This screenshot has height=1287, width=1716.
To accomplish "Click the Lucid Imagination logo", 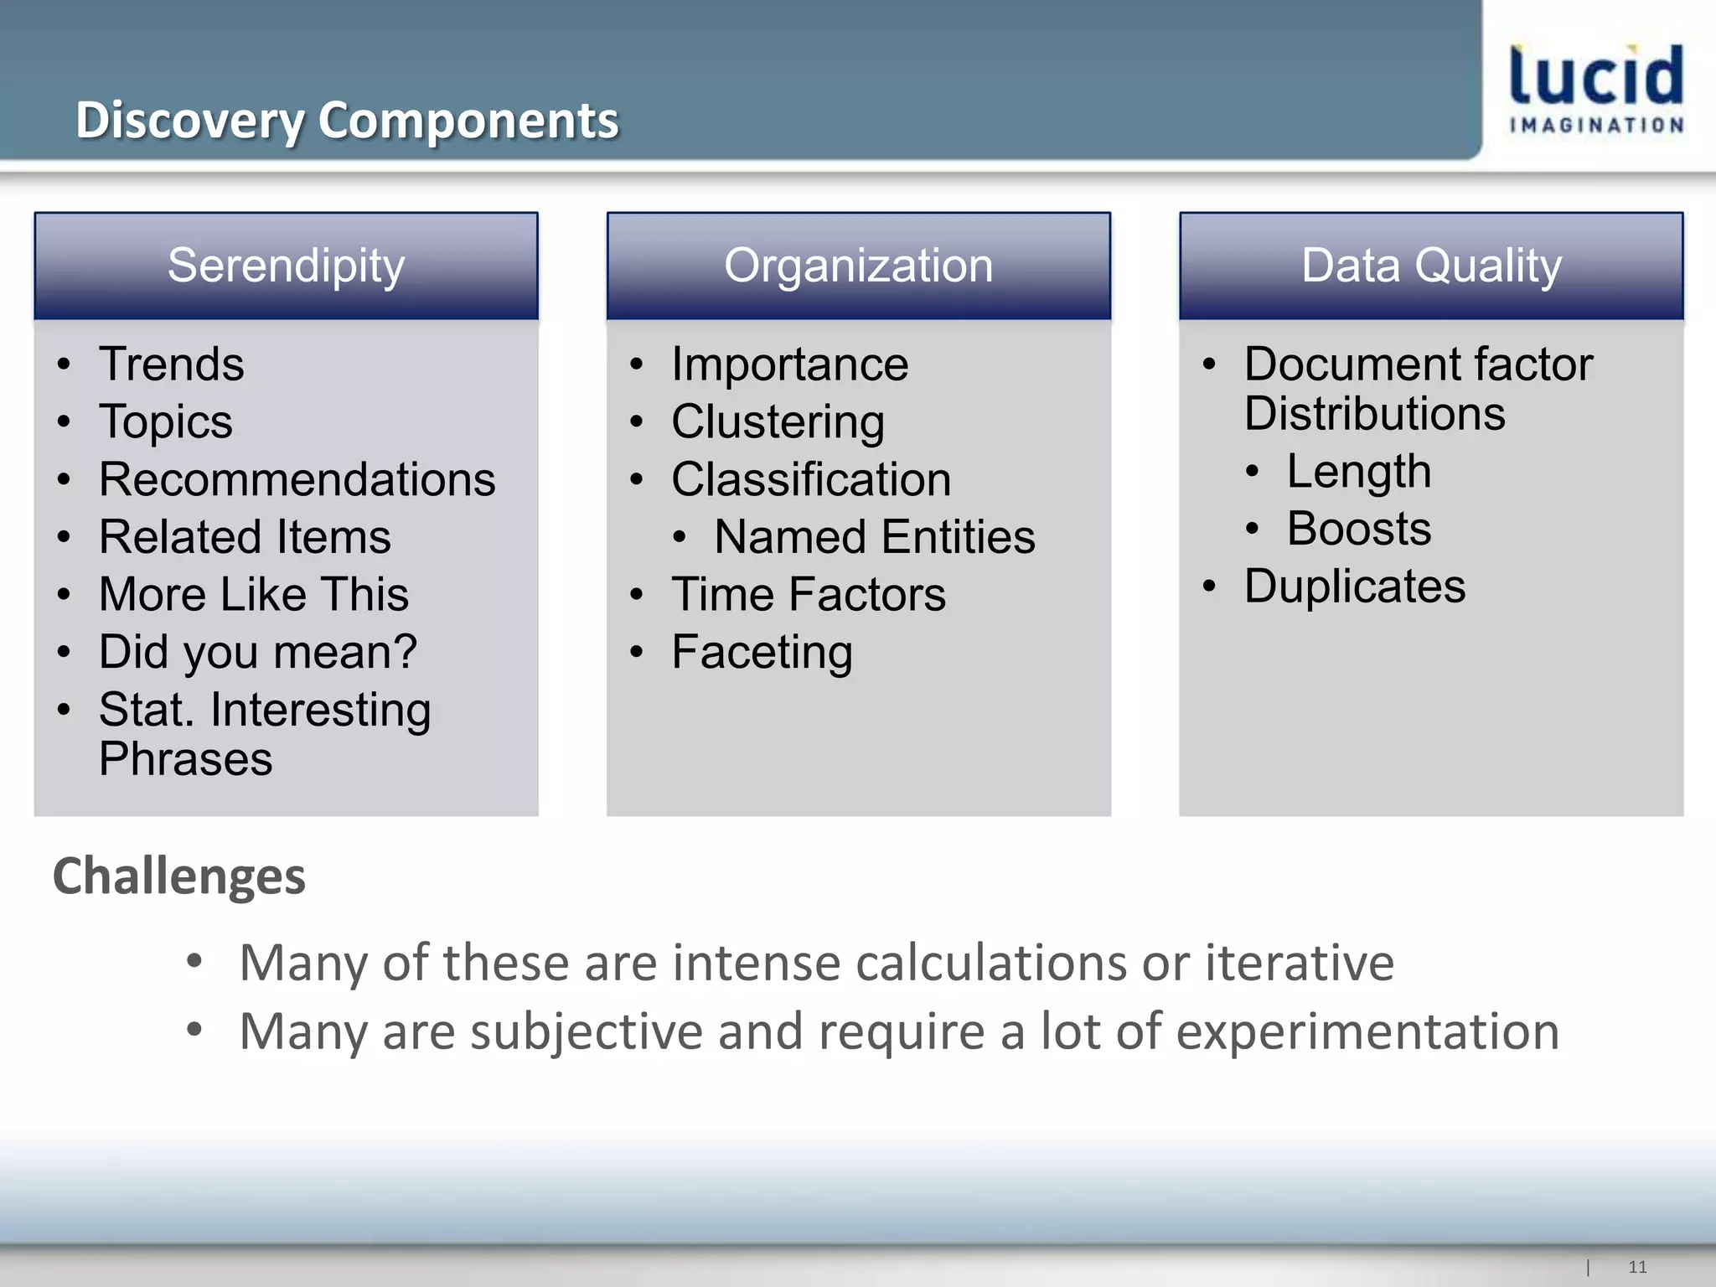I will pos(1596,88).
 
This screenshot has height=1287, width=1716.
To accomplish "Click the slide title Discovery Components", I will pos(347,120).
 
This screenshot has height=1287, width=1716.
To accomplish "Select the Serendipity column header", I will pos(286,266).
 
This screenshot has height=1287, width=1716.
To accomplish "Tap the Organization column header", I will pos(858,266).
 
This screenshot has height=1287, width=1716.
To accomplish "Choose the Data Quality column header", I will pos(1431,266).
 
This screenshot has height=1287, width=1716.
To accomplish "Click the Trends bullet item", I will pos(171,364).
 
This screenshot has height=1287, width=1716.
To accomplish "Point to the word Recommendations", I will pos(297,479).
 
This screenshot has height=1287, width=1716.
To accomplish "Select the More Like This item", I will pos(253,594).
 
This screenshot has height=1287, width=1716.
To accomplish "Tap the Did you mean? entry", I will pos(257,652).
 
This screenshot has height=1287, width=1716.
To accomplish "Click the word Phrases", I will pos(185,759).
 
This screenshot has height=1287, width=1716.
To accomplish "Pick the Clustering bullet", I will pos(778,421).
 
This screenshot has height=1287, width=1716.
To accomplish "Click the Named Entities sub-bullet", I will pos(874,537).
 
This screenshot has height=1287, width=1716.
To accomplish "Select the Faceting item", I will pos(762,652).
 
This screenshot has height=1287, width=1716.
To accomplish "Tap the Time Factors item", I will pos(808,594).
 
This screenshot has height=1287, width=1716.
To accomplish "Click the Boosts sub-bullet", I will pos(1358,529).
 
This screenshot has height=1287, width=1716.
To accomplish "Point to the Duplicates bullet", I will pos(1354,586).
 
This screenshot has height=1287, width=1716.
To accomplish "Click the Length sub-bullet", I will pos(1358,471).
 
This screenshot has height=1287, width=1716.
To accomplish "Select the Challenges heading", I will pos(178,876).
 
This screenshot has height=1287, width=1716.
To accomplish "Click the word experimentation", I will pos(1367,1031).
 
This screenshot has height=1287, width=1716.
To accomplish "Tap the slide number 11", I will pos(1637,1267).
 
